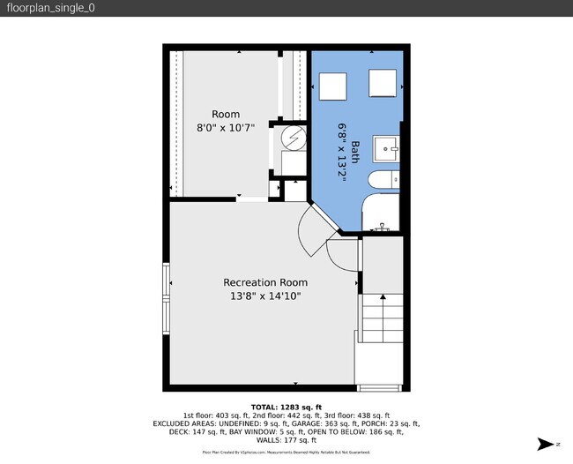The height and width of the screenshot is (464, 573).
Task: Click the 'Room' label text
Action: tap(226, 115)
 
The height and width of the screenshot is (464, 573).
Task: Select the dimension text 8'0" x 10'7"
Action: tap(226, 128)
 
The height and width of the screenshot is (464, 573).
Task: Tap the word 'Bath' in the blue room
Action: tap(355, 151)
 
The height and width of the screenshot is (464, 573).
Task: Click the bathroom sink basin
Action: tap(384, 146)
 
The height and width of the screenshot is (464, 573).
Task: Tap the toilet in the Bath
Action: tap(382, 182)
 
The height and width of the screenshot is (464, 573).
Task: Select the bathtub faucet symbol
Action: tap(383, 228)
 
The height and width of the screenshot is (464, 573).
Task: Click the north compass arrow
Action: tap(548, 444)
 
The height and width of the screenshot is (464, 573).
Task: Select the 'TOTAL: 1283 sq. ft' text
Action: tap(286, 407)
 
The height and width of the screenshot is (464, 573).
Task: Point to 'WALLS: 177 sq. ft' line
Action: tap(286, 439)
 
